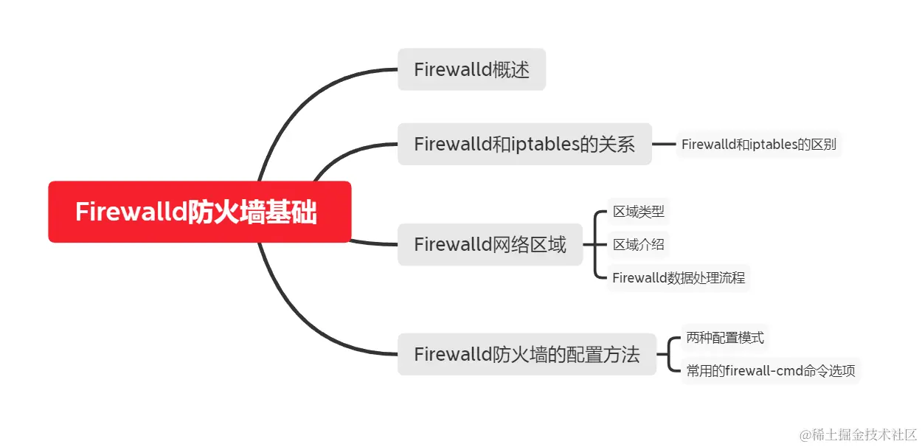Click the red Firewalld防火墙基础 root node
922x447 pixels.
tap(199, 212)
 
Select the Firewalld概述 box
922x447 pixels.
tap(471, 70)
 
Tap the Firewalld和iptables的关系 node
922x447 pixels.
tap(524, 144)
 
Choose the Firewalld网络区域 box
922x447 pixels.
tap(490, 244)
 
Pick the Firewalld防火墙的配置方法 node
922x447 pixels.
tap(527, 354)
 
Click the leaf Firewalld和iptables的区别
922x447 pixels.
tap(758, 145)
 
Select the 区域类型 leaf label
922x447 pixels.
tap(639, 212)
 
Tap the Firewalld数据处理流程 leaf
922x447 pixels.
tap(679, 278)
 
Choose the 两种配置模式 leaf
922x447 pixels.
tap(725, 339)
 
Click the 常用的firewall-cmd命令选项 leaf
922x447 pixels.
tap(771, 371)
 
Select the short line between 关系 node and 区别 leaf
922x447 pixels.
tap(664, 145)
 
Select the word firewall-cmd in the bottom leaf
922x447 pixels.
tap(760, 371)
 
